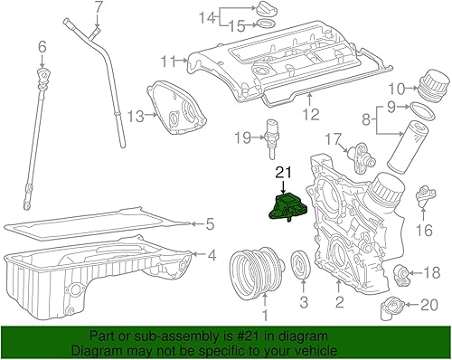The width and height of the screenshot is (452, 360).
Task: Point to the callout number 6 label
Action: pyautogui.click(x=42, y=47)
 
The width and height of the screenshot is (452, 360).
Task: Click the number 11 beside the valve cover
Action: pyautogui.click(x=166, y=62)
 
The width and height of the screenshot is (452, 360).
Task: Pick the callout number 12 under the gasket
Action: pyautogui.click(x=310, y=115)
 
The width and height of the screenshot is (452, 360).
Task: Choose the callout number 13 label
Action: pyautogui.click(x=135, y=115)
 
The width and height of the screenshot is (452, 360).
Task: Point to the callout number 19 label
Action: pyautogui.click(x=241, y=137)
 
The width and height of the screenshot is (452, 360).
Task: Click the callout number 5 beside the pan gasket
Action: pyautogui.click(x=208, y=223)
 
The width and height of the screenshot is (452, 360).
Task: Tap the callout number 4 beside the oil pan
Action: pyautogui.click(x=212, y=256)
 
